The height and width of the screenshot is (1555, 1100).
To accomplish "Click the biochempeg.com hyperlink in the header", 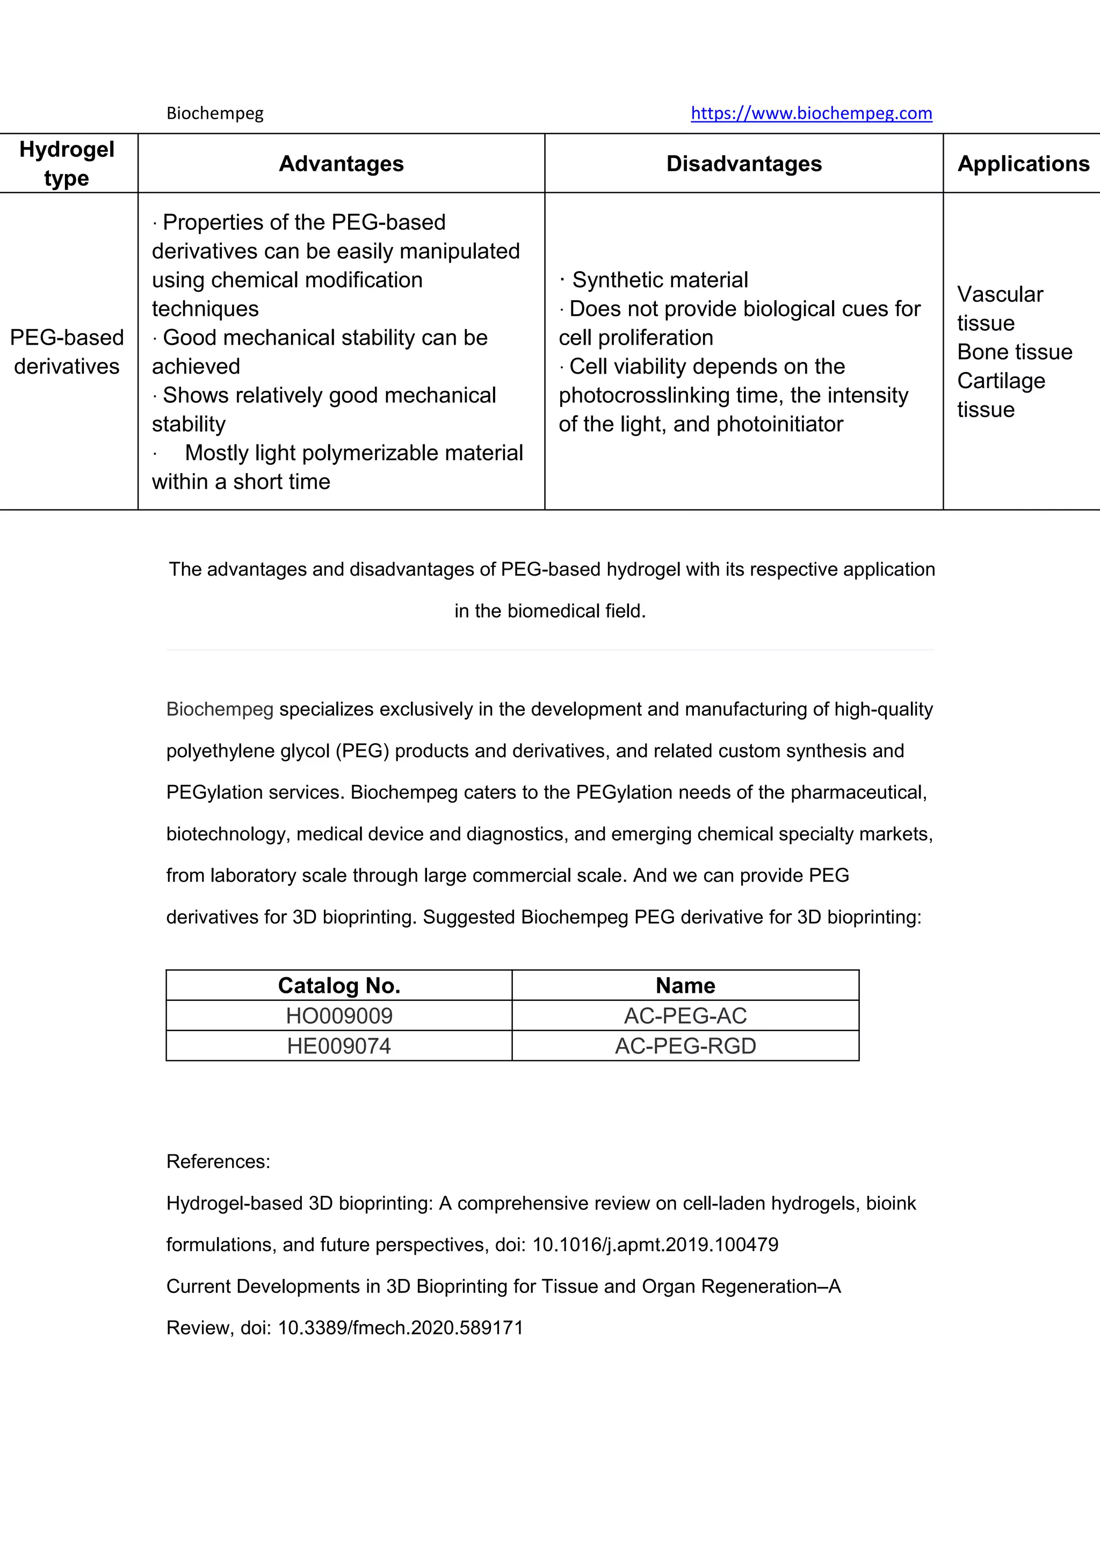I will point(811,113).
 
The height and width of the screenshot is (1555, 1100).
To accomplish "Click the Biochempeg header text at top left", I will point(215,113).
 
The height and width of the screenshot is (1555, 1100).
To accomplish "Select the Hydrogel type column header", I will point(67,163).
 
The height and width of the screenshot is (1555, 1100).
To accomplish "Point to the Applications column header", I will point(1022,164).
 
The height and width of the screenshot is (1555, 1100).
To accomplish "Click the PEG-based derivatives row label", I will point(67,352).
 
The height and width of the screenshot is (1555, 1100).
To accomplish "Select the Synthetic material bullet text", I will point(659,280).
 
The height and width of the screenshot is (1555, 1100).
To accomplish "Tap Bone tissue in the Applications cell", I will point(1014,352).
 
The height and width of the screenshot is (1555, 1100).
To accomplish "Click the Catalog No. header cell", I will point(339,985).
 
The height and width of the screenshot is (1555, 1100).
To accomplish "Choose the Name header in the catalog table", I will point(685,985).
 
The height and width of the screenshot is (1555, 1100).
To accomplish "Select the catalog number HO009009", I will point(339,1016).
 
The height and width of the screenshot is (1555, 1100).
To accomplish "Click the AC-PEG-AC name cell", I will point(685,1016).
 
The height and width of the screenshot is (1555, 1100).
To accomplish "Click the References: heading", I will point(218,1161).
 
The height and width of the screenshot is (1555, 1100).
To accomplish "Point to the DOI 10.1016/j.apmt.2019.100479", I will point(655,1245).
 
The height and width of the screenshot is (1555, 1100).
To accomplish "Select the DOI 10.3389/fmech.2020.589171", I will point(400,1328).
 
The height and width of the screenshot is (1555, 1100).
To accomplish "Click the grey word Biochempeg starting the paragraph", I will point(220,709).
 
